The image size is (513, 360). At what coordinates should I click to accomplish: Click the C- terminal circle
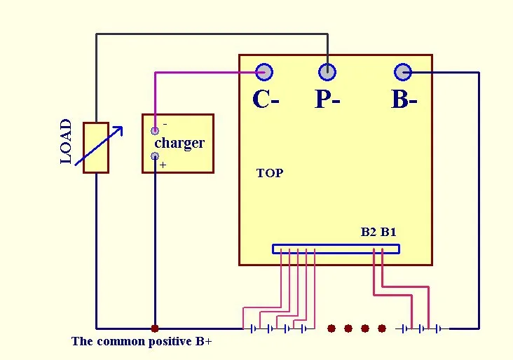pyautogui.click(x=264, y=71)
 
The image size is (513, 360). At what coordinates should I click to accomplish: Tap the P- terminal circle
pyautogui.click(x=327, y=71)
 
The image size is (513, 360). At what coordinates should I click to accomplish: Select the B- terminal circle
pyautogui.click(x=402, y=71)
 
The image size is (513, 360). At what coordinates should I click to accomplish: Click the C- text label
pyautogui.click(x=266, y=100)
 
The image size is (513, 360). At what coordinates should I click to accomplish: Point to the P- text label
pyautogui.click(x=327, y=100)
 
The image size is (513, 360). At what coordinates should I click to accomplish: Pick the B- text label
pyautogui.click(x=404, y=100)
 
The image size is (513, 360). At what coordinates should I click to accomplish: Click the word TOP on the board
pyautogui.click(x=270, y=173)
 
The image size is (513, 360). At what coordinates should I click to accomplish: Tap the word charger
pyautogui.click(x=179, y=143)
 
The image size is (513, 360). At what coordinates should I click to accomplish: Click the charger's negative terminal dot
pyautogui.click(x=155, y=131)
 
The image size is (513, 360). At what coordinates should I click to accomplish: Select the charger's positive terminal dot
pyautogui.click(x=155, y=156)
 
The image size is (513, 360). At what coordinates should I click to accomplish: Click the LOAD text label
pyautogui.click(x=66, y=141)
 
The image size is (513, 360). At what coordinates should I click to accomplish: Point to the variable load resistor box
pyautogui.click(x=96, y=148)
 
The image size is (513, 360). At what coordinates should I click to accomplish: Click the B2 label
pyautogui.click(x=369, y=232)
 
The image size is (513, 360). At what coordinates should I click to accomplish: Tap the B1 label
pyautogui.click(x=388, y=232)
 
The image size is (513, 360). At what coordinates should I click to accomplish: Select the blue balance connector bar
pyautogui.click(x=336, y=249)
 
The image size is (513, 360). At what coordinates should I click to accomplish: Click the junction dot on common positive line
pyautogui.click(x=155, y=328)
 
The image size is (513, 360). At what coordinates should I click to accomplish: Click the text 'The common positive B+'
pyautogui.click(x=142, y=342)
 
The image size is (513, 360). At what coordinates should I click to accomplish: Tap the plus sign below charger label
pyautogui.click(x=163, y=166)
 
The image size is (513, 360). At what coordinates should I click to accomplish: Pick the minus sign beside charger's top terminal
pyautogui.click(x=165, y=124)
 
